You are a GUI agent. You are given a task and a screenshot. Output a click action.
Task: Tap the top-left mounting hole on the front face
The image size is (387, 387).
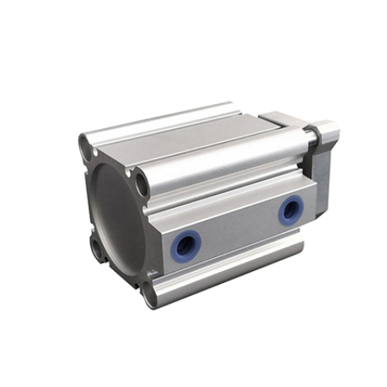click(x=86, y=149)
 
